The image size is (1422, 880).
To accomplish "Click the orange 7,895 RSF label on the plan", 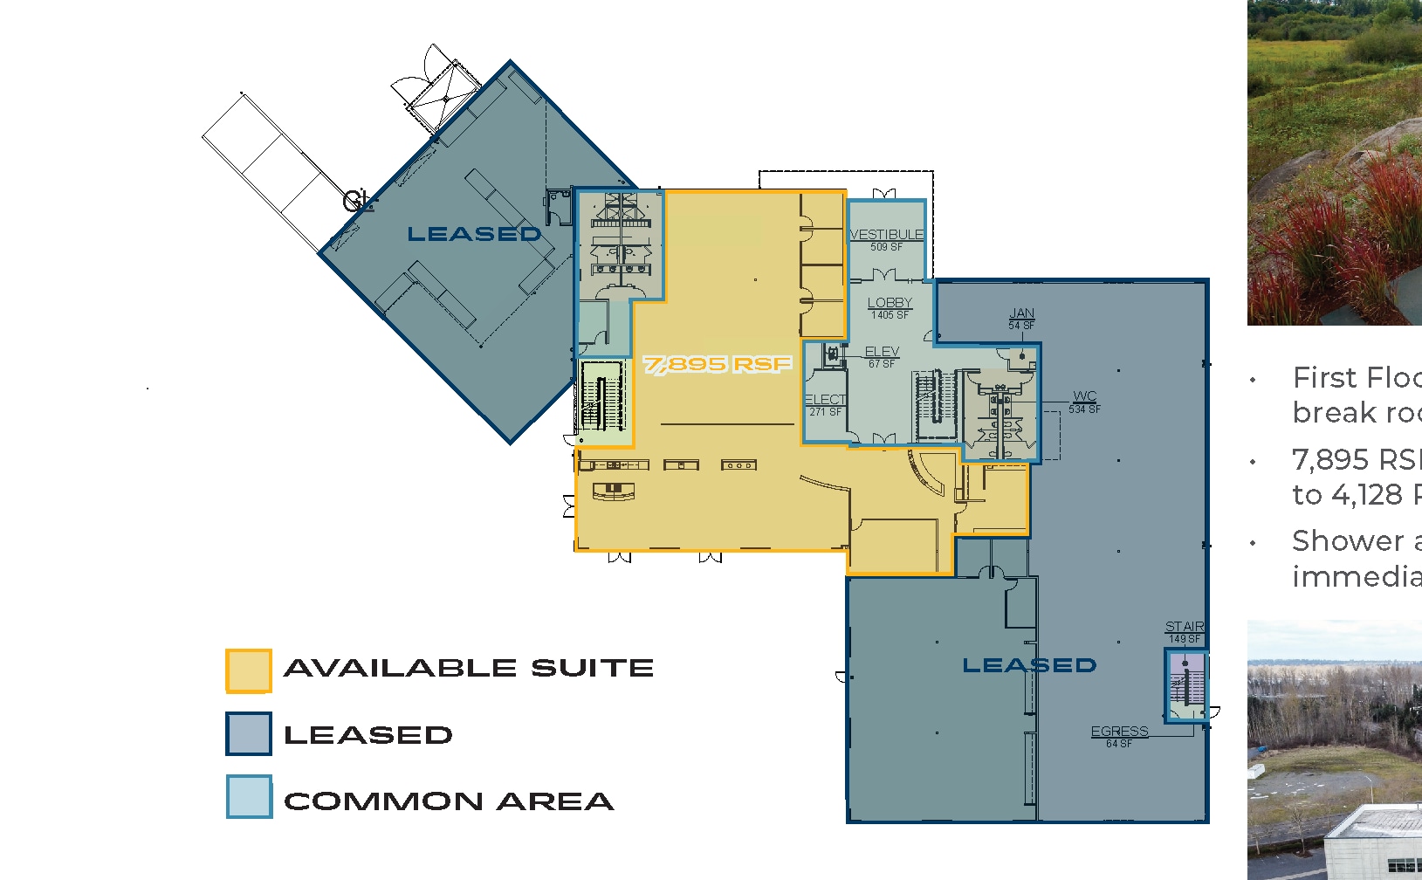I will click(x=718, y=364).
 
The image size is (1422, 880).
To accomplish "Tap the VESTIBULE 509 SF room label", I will click(x=886, y=240).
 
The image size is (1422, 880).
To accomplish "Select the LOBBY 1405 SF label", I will click(x=890, y=308).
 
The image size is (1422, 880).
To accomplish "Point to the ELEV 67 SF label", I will click(x=882, y=357).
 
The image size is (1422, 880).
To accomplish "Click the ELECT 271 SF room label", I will click(x=825, y=405).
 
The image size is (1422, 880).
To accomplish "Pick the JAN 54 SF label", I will click(x=1021, y=319).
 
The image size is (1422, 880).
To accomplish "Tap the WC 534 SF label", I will click(x=1084, y=402).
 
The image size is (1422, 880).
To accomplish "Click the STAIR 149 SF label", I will click(x=1185, y=632).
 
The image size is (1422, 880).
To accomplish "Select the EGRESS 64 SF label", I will click(x=1119, y=736).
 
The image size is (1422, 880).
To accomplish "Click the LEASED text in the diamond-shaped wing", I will click(x=474, y=234).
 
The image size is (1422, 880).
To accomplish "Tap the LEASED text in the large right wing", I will click(x=1028, y=665).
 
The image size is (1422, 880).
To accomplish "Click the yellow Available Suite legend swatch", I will click(x=249, y=670).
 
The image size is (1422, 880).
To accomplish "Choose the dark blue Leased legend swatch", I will click(x=249, y=734).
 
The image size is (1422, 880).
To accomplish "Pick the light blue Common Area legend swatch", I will click(x=249, y=796).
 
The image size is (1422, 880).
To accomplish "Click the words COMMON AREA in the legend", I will click(x=449, y=801).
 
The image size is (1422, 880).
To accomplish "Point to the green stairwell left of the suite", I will click(x=603, y=396).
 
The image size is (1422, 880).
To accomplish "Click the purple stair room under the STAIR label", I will click(x=1186, y=684).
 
